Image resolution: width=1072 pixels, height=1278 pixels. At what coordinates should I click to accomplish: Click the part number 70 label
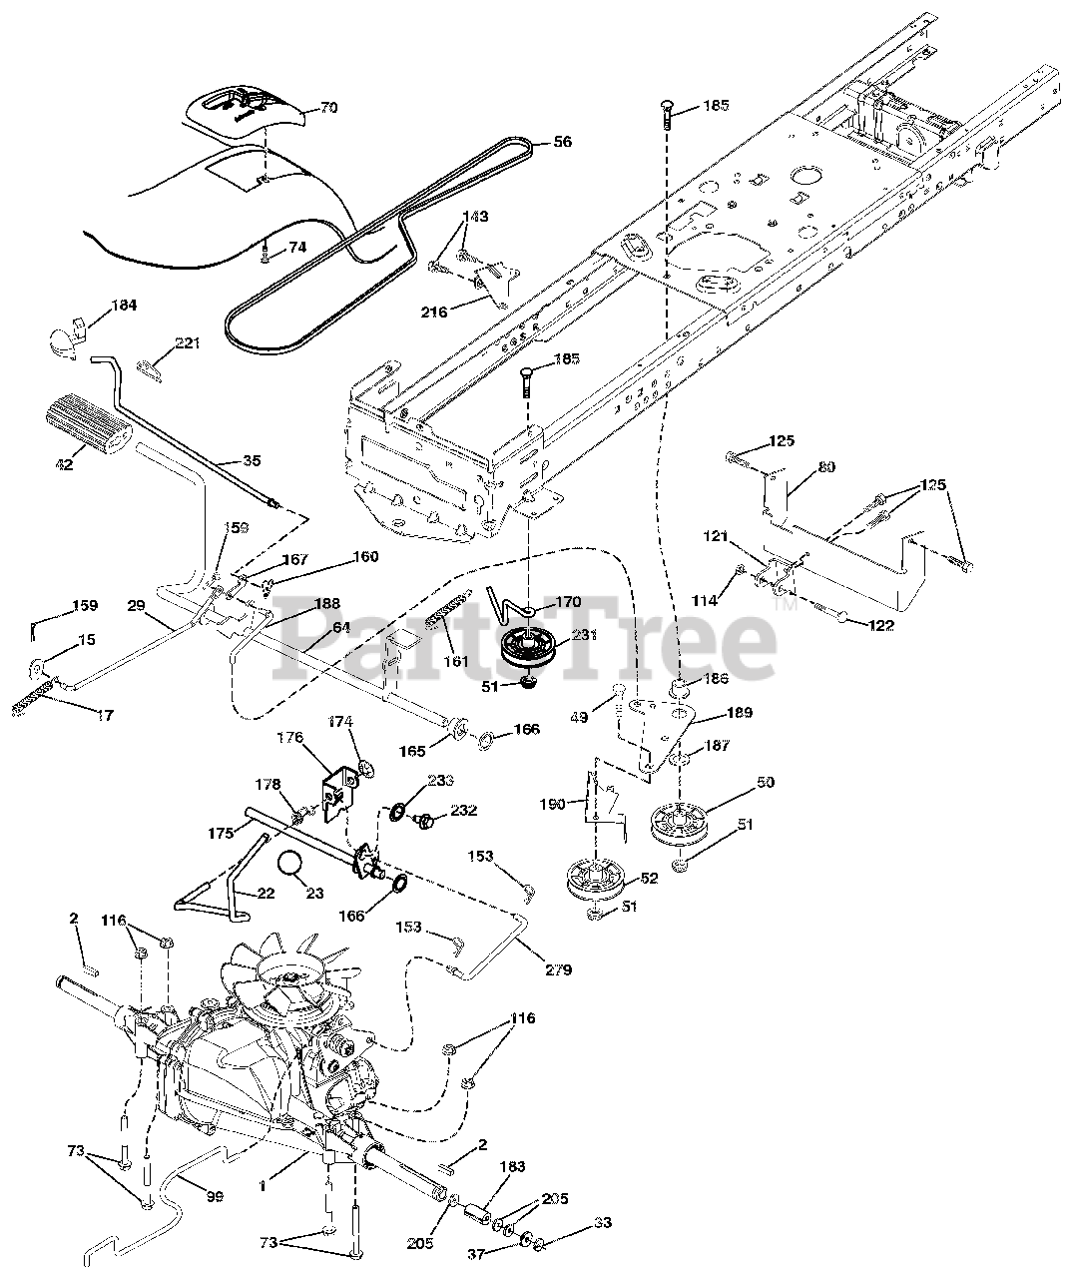328,108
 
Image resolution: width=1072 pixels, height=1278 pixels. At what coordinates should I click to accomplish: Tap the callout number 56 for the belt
562,143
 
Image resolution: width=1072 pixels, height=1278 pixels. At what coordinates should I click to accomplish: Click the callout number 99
214,1196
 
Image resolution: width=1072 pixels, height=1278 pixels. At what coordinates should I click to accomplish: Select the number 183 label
511,1166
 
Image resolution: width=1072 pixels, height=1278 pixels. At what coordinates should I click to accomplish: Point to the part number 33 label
603,1222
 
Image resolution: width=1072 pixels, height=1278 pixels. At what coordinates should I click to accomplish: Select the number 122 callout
881,626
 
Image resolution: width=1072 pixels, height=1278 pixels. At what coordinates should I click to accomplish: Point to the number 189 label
739,713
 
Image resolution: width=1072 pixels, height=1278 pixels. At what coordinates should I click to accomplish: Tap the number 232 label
464,810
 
